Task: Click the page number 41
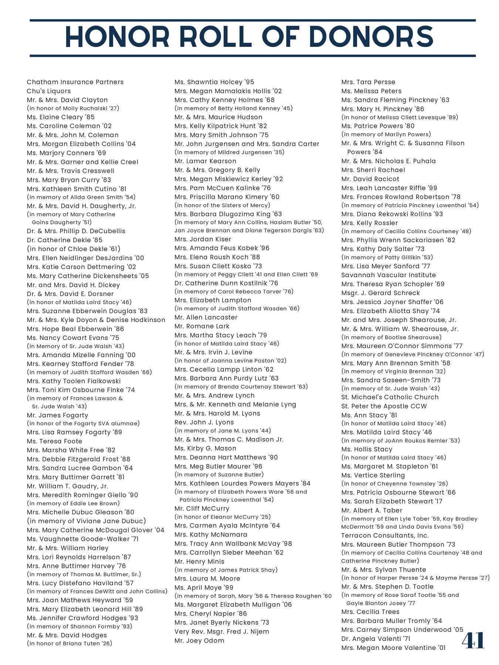[x=473, y=640]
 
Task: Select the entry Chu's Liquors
[x=48, y=91]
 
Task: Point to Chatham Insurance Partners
[x=75, y=82]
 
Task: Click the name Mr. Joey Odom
[x=199, y=640]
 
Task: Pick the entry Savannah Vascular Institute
[x=388, y=275]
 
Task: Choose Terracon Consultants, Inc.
[x=385, y=535]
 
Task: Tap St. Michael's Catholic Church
[x=390, y=397]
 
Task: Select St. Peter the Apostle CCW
[x=384, y=406]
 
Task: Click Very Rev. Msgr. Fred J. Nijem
[x=222, y=631]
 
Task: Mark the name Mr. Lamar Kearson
[x=205, y=161]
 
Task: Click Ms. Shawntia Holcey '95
[x=214, y=82]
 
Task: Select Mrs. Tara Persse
[x=368, y=82]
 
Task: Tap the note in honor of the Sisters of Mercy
[x=222, y=205]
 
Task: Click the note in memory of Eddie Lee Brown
[x=73, y=503]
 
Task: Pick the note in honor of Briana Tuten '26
[x=69, y=643]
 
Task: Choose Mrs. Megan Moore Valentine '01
[x=393, y=648]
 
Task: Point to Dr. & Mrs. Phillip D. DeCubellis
[x=76, y=231]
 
